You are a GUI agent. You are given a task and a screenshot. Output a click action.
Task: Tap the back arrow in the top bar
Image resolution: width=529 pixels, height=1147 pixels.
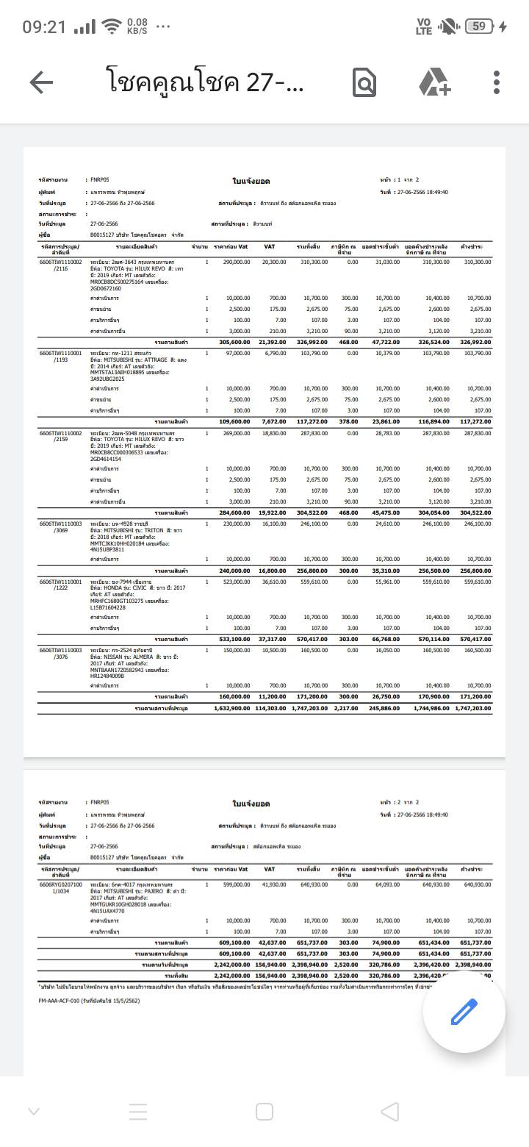tap(41, 82)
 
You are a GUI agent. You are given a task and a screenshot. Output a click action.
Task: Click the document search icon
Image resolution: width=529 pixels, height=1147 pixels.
tap(364, 82)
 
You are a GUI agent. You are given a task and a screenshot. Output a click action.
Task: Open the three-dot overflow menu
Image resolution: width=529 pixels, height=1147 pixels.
tap(497, 82)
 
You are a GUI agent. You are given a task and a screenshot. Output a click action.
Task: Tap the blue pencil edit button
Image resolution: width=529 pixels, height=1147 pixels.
tap(464, 1012)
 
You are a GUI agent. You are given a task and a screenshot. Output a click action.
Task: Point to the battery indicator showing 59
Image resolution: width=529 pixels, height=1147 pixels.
tap(479, 26)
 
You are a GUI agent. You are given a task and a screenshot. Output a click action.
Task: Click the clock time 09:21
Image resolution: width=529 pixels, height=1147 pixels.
tap(44, 27)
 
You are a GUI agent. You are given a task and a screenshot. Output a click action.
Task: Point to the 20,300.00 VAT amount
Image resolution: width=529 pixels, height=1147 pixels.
tap(274, 262)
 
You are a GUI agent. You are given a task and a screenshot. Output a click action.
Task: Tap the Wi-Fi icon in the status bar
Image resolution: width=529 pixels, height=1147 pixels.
tap(112, 27)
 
